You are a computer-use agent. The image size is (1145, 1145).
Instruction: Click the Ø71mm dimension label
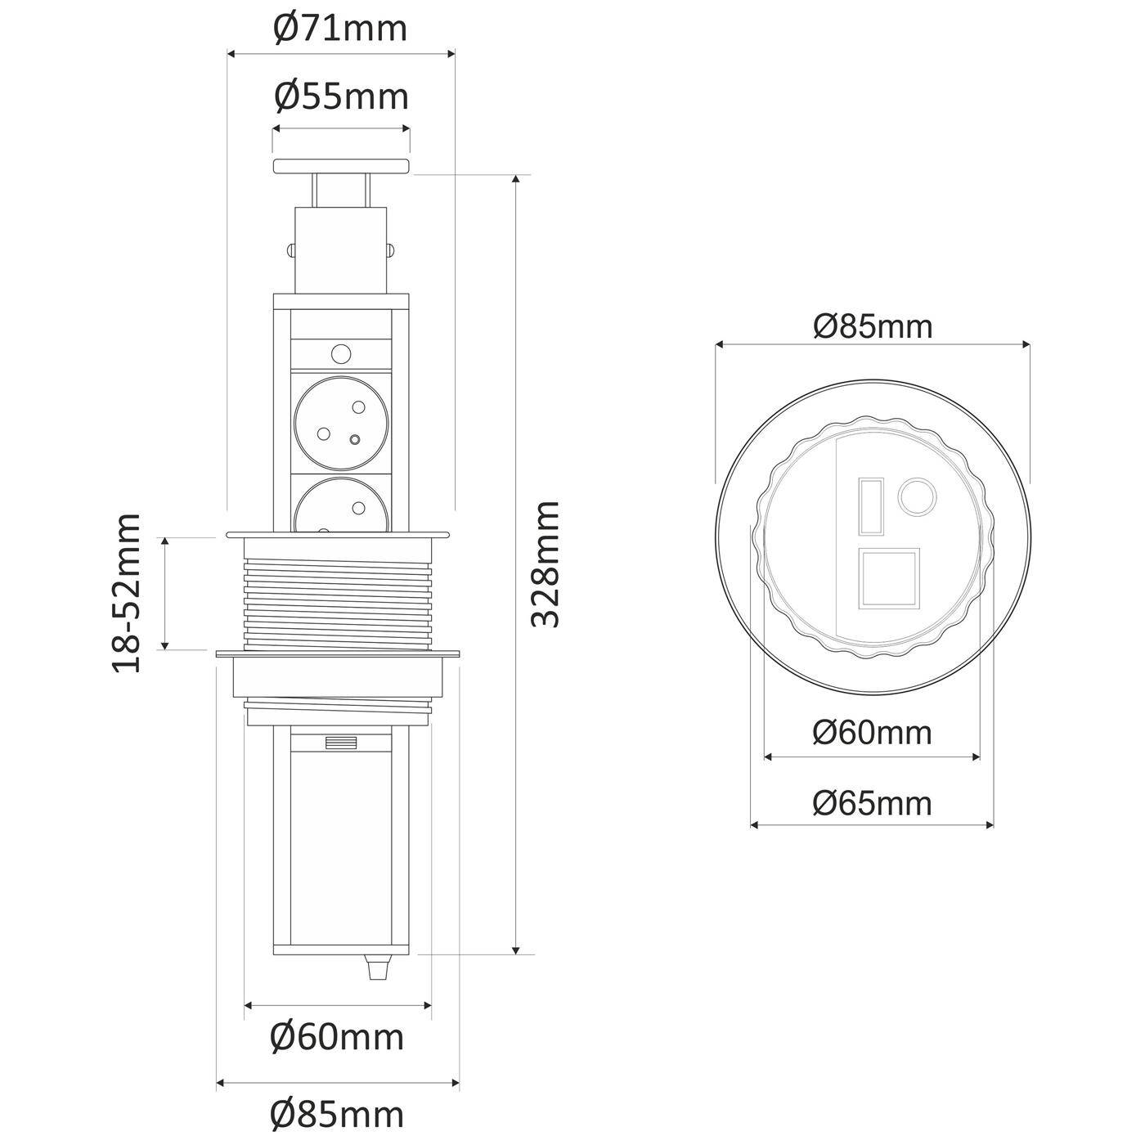[x=339, y=29]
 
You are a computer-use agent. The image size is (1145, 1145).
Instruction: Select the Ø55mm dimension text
[x=340, y=97]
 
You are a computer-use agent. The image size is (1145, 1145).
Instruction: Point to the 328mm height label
[x=545, y=564]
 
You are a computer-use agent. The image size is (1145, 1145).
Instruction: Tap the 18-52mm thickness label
[x=127, y=593]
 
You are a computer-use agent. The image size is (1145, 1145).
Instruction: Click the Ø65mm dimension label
[x=872, y=803]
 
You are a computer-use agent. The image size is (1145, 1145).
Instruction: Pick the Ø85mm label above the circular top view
[x=872, y=326]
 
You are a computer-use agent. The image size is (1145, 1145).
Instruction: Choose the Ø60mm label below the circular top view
[x=872, y=733]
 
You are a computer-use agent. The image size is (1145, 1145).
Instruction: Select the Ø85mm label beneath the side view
[x=337, y=1114]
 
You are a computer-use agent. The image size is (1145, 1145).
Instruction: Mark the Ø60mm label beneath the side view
[x=337, y=1037]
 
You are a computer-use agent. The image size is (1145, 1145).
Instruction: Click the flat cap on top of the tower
[x=341, y=166]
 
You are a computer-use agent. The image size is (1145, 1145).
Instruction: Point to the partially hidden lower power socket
[x=340, y=507]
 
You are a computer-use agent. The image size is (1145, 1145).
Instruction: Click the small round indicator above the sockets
[x=340, y=354]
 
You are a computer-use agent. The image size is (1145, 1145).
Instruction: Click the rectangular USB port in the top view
[x=870, y=507]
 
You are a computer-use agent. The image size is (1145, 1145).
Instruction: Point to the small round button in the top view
[x=917, y=496]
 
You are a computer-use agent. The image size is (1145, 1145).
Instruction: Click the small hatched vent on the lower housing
[x=341, y=743]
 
